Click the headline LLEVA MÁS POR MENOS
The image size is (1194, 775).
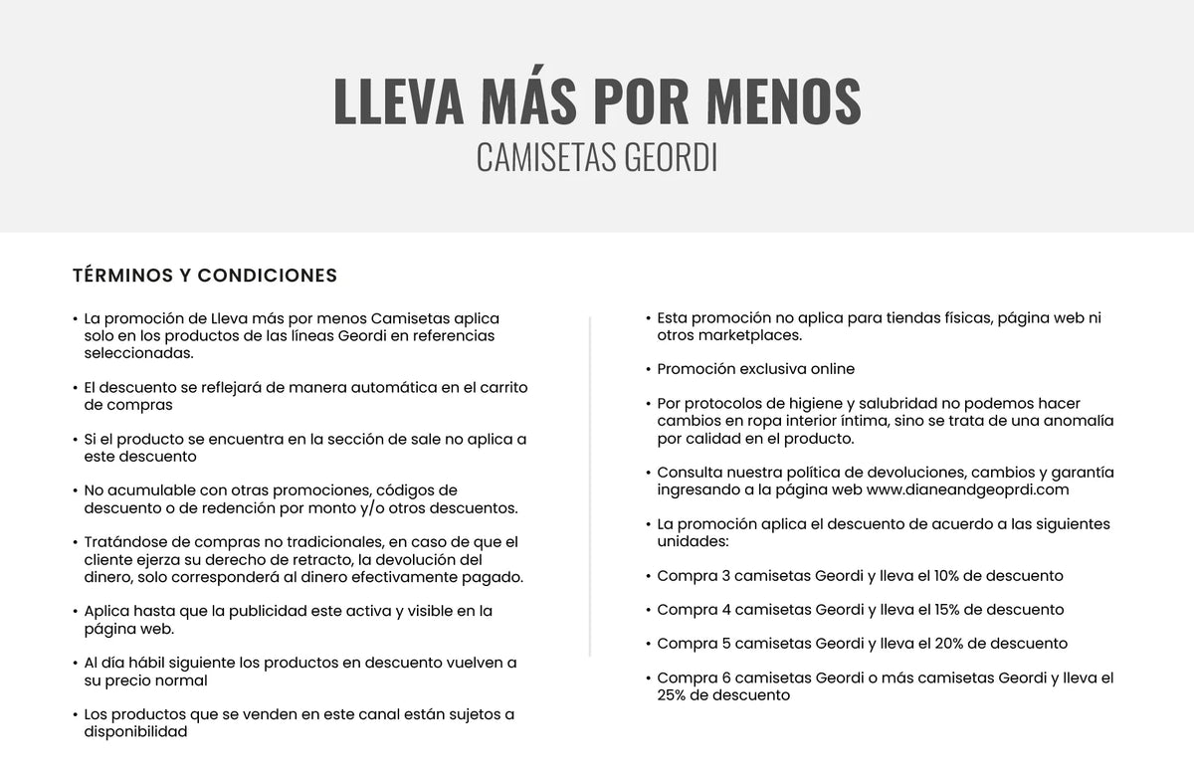coord(597,100)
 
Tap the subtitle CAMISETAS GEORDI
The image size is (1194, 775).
coord(597,158)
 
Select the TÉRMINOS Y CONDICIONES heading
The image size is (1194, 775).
coord(205,276)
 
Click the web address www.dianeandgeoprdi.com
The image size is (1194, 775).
coord(967,489)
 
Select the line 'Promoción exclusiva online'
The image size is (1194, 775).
coord(756,369)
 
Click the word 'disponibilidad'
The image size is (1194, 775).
coord(135,731)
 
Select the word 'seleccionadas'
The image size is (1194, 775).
coord(138,352)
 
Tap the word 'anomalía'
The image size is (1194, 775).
coord(1080,421)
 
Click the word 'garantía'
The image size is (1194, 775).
coord(1080,473)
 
